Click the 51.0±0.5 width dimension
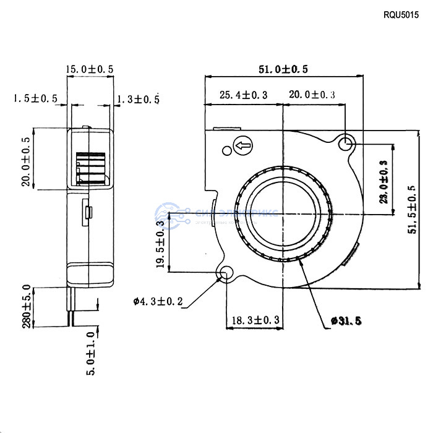click(x=283, y=69)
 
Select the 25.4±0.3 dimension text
click(x=243, y=95)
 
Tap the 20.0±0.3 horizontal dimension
click(x=312, y=95)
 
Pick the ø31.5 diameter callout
click(x=346, y=320)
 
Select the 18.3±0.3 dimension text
click(x=254, y=320)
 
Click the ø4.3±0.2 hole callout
click(x=158, y=302)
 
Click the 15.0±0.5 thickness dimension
click(x=90, y=70)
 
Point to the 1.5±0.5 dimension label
click(x=35, y=98)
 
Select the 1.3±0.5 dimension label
click(x=138, y=98)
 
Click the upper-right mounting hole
click(x=346, y=144)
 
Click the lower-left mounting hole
click(x=226, y=273)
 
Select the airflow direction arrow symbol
click(x=242, y=147)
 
